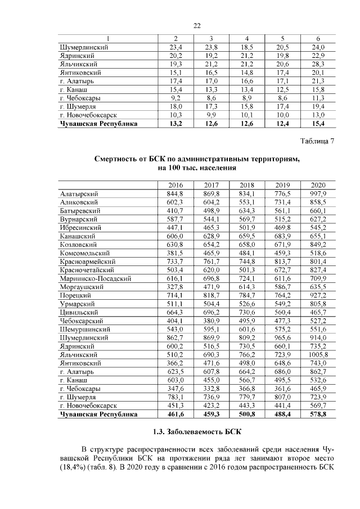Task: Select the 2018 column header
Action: pyautogui.click(x=247, y=185)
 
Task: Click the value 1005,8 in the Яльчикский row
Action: pyautogui.click(x=318, y=355)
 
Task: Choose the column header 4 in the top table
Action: pyautogui.click(x=247, y=39)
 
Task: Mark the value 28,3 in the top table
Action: pyautogui.click(x=318, y=65)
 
